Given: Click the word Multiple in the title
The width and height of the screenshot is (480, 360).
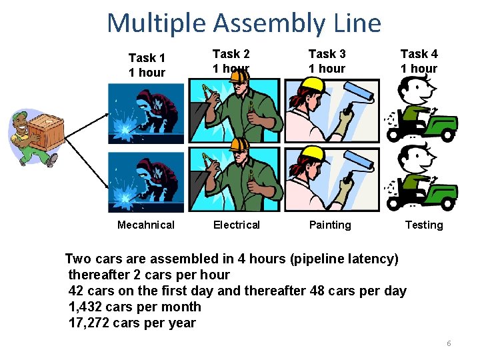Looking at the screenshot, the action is [157, 23].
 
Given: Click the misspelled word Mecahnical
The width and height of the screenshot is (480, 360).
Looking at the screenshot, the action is [145, 225].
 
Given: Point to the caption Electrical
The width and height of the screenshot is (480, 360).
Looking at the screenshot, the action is [236, 225].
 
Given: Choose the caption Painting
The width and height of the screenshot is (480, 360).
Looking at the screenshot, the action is [329, 225].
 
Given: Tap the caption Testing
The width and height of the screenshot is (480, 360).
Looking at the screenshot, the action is [424, 225].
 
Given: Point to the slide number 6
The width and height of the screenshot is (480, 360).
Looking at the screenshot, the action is [449, 343].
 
